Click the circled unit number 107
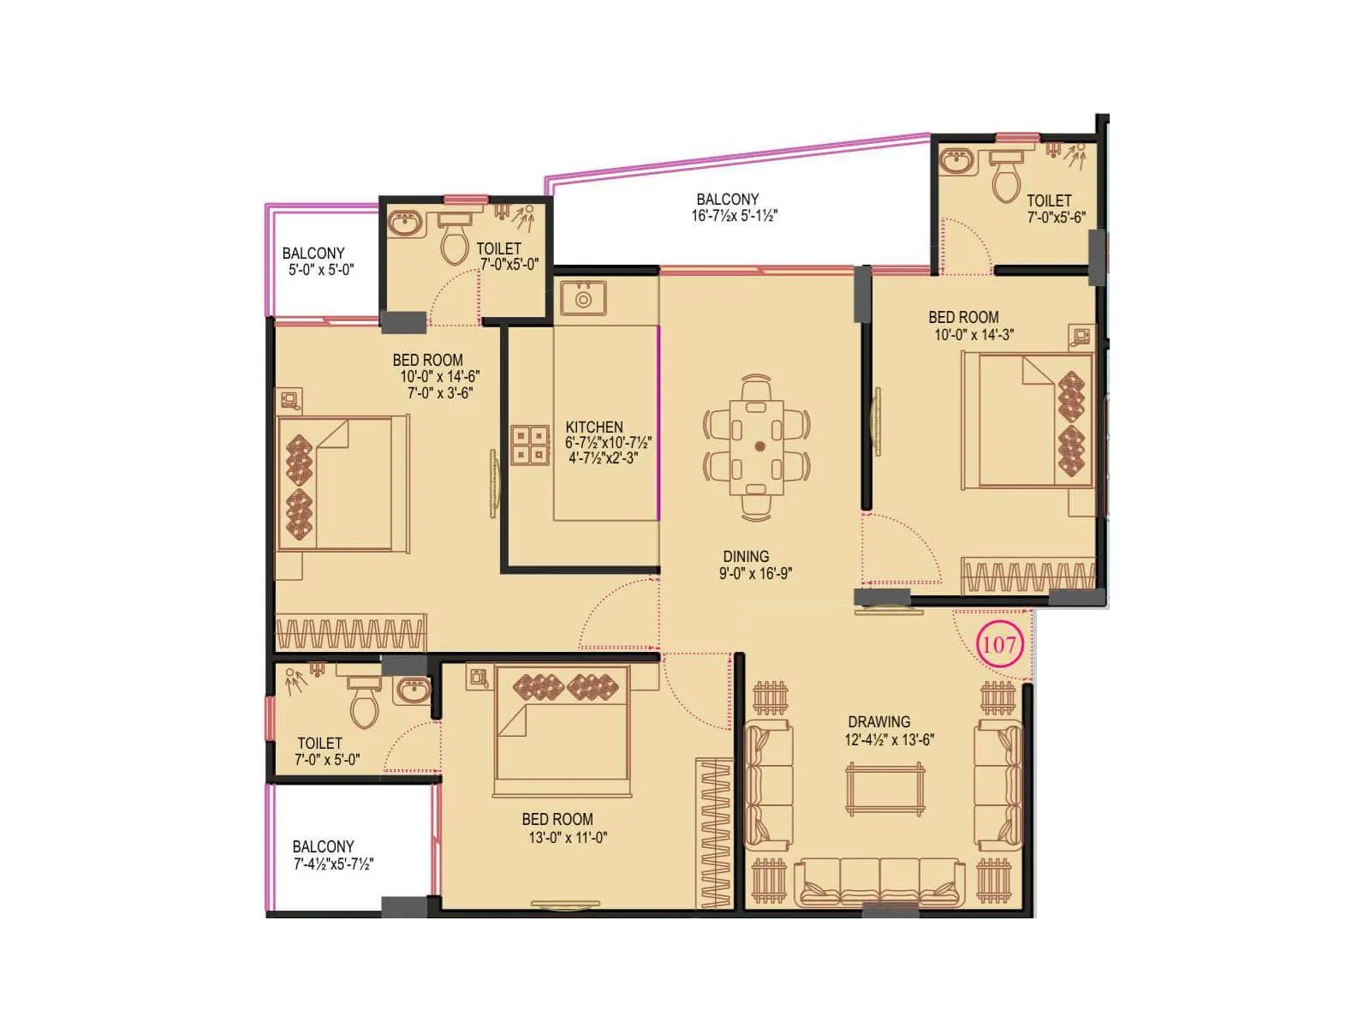coord(999,644)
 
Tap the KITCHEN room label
coord(594,427)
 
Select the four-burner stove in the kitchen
coord(530,445)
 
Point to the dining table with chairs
coord(757,446)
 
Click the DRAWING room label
coord(879,722)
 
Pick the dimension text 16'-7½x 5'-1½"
coord(735,217)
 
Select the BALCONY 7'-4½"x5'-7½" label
coord(332,855)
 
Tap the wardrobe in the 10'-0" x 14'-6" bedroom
coord(350,633)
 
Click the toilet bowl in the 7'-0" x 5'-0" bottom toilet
coord(365,702)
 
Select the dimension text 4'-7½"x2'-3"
coord(604,458)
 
